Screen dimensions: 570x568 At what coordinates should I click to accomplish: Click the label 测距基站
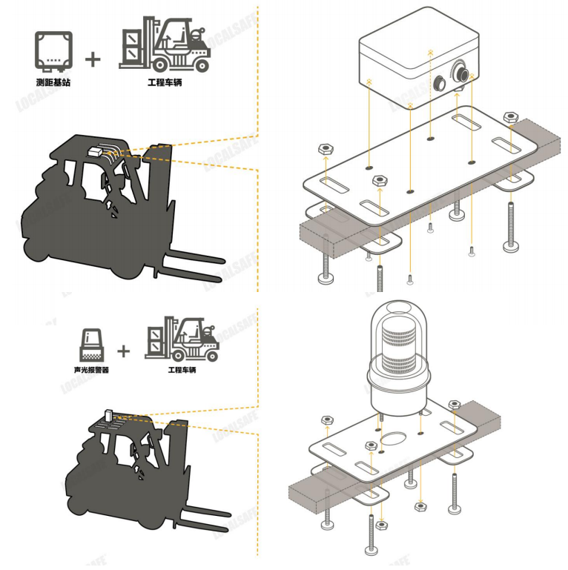54,83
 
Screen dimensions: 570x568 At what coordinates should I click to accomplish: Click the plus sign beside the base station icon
93,59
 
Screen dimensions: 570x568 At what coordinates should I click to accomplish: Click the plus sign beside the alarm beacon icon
124,349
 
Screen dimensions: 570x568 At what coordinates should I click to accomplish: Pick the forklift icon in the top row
165,47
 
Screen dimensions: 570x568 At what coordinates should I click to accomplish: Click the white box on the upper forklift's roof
96,150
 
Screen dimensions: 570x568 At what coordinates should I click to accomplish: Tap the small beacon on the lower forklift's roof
108,414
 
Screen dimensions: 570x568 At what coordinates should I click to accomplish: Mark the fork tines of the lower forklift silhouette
211,520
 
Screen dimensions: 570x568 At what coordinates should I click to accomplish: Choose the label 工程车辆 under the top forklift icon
165,83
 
